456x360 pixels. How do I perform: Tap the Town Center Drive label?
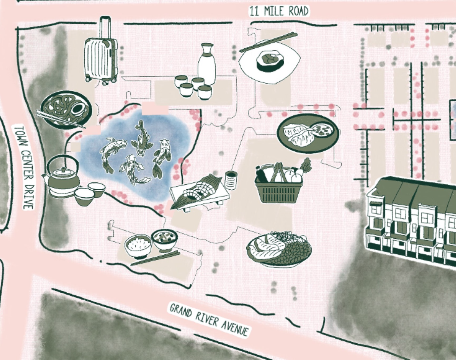coord(24,167)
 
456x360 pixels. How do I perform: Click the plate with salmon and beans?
coord(279,249)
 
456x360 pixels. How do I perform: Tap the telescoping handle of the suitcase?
coord(105,27)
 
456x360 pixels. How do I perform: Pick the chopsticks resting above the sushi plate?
coord(268,42)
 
